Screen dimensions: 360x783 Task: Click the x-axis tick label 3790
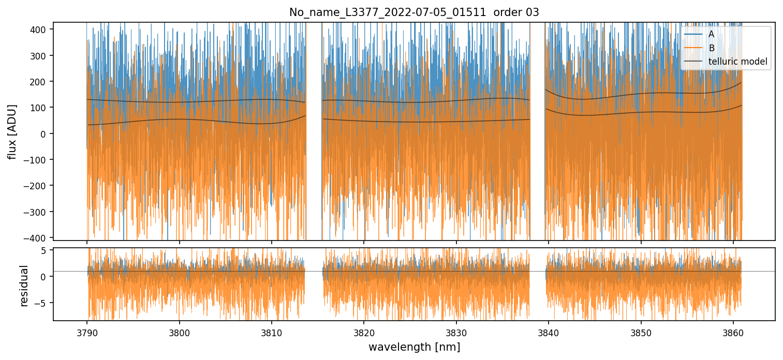tap(86, 331)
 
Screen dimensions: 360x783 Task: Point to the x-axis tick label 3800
tap(179, 331)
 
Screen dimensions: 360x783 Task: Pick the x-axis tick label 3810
tap(271, 331)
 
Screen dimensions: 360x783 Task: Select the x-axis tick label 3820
tap(364, 331)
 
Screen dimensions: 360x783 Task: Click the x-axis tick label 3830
tap(456, 331)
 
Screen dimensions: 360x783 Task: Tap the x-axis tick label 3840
tap(549, 331)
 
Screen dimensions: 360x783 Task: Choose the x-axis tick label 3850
tap(641, 331)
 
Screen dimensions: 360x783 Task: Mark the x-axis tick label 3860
tap(733, 331)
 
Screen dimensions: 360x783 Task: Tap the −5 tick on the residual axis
tap(43, 303)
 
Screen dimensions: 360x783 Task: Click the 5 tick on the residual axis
tap(45, 250)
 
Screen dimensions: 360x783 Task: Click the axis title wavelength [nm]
tap(414, 347)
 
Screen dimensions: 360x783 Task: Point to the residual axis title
tap(24, 286)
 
